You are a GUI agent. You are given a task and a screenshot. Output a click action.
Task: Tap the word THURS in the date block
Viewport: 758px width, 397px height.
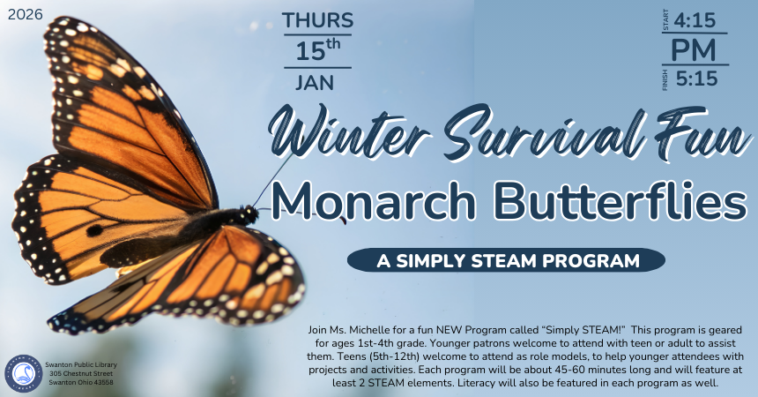coord(318,20)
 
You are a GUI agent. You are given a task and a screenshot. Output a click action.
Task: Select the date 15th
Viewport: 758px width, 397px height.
coord(318,50)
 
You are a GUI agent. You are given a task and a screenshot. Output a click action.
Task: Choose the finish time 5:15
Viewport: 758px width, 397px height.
coord(696,79)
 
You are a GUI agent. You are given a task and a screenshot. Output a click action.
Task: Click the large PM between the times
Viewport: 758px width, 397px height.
coord(695,49)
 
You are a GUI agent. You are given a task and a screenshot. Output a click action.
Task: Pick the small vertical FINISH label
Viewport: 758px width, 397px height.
coord(665,79)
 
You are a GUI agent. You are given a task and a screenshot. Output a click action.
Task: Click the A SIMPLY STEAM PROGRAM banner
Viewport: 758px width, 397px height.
coord(506,260)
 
